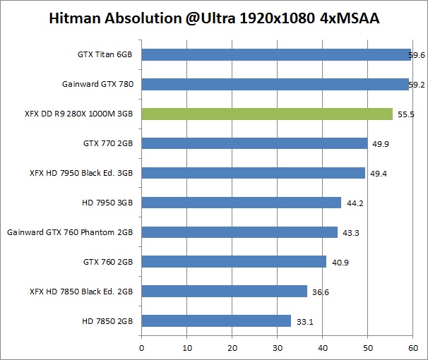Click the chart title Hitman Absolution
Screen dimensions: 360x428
pos(213,19)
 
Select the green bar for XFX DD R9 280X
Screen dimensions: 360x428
pos(267,114)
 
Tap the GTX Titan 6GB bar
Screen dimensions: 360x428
pos(276,54)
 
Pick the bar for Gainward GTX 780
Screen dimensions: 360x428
pos(275,84)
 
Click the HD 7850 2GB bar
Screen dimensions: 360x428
pos(216,320)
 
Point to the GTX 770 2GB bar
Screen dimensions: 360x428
pos(254,143)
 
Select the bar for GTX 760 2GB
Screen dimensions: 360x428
pos(234,261)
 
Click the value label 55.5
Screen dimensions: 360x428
pos(405,114)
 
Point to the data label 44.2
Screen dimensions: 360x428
pos(355,203)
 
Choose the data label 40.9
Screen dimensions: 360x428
pos(340,262)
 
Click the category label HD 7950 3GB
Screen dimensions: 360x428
pos(108,203)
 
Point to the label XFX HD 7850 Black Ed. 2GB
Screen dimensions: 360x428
pos(82,291)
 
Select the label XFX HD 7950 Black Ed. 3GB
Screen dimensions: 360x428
pos(82,173)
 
